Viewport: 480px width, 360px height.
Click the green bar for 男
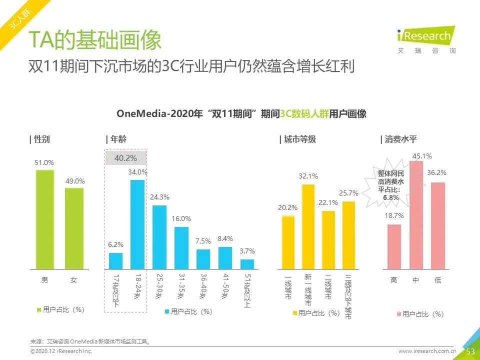pyautogui.click(x=44, y=219)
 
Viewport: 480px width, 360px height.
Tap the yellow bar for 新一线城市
pyautogui.click(x=307, y=226)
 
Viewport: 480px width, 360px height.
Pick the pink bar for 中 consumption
pyautogui.click(x=416, y=215)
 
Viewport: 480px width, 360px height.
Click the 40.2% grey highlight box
pyautogui.click(x=125, y=158)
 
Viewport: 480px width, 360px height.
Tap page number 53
pyautogui.click(x=470, y=351)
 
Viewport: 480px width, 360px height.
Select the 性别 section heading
pyautogui.click(x=40, y=139)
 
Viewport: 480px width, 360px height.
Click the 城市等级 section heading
pyautogui.click(x=298, y=139)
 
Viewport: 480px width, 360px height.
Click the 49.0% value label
pyautogui.click(x=75, y=181)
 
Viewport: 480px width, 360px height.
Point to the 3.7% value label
pyautogui.click(x=247, y=251)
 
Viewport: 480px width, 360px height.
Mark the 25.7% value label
pyautogui.click(x=348, y=193)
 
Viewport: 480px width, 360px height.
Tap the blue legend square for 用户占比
pyautogui.click(x=167, y=312)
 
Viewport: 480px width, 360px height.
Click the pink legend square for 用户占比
pyautogui.click(x=399, y=314)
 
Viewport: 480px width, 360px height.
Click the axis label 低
pyautogui.click(x=437, y=280)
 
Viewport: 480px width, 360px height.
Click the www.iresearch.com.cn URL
pyautogui.click(x=427, y=351)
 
